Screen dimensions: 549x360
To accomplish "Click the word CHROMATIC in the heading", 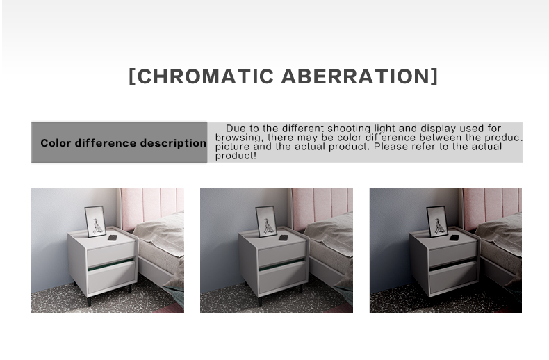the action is coord(206,76).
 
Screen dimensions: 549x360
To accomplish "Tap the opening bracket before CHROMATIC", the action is coord(132,76).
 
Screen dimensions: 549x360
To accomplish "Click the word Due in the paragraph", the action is coord(236,128).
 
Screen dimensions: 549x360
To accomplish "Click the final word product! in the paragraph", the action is coord(236,156).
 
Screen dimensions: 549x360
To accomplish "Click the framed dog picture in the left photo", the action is coord(95,221).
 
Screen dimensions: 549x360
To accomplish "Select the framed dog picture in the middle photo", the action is coord(266,221).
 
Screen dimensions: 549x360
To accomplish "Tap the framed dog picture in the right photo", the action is coord(437,221).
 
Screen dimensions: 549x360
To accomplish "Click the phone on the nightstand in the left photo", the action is coord(113,238).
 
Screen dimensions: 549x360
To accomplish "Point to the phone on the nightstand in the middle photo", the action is coord(284,238).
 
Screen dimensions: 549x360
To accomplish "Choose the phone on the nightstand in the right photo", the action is coord(454,238).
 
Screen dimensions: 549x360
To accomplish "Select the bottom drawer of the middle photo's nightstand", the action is coord(282,277).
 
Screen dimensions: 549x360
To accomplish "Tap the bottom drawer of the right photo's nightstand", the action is coord(453,277).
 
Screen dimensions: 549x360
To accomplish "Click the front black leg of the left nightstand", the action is coord(90,301).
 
